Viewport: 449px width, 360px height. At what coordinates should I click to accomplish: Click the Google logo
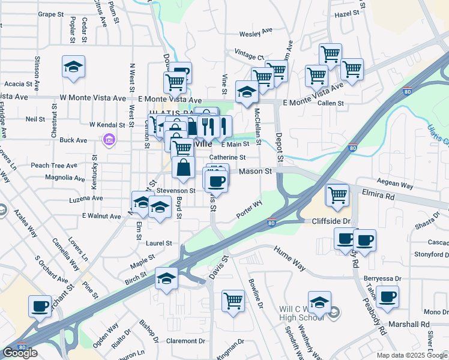point(20,353)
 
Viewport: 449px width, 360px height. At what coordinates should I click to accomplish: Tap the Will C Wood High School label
point(301,313)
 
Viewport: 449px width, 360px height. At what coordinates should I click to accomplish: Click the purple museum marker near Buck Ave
point(109,140)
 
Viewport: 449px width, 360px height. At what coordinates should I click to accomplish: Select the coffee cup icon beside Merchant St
point(40,306)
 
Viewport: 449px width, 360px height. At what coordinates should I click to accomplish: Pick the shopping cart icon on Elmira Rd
point(337,194)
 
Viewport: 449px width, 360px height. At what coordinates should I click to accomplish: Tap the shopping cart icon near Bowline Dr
point(232,301)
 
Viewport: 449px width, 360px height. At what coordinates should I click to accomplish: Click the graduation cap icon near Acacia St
point(73,67)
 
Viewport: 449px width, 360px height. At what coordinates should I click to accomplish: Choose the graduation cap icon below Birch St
point(166,278)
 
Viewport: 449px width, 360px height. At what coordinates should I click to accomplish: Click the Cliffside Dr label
point(330,221)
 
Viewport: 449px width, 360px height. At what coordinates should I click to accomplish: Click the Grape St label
point(50,14)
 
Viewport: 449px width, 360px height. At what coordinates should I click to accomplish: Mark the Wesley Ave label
point(256,34)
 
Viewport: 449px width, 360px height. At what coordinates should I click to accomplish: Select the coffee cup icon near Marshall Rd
point(388,296)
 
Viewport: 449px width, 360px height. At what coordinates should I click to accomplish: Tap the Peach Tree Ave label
point(54,166)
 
